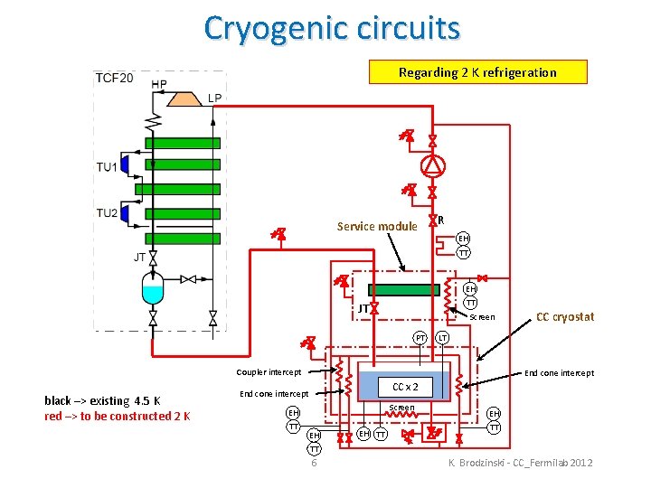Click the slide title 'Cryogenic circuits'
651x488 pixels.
point(332,28)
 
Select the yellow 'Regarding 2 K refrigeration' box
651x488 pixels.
point(477,72)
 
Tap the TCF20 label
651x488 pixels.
point(114,78)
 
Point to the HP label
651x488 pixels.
point(159,85)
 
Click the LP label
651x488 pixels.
point(214,98)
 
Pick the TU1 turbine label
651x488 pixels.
point(107,166)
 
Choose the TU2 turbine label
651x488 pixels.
point(107,213)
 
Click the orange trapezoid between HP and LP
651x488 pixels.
point(185,98)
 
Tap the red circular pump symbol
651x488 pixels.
point(433,165)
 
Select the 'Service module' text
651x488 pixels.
point(377,227)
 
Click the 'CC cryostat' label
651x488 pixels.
point(565,316)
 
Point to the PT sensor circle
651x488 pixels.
point(420,338)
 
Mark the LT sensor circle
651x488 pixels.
point(443,338)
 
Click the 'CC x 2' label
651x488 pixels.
point(404,387)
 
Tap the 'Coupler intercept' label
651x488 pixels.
point(269,372)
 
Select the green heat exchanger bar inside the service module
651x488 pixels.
point(403,290)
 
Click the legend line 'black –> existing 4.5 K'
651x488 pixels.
point(102,400)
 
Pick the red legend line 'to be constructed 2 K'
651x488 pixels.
point(117,416)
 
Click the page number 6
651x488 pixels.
point(313,463)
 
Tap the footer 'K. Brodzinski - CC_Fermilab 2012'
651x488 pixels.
point(521,463)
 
